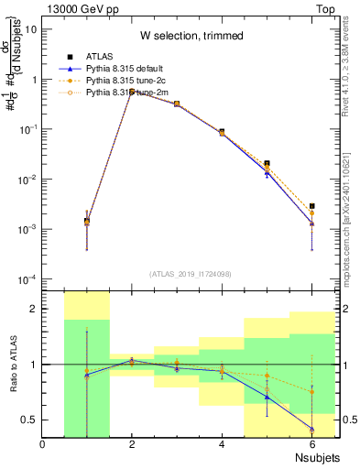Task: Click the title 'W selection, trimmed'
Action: (x=191, y=36)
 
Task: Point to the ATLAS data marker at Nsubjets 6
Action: (x=312, y=206)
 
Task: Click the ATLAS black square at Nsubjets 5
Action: (x=267, y=163)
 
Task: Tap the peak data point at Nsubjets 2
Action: (x=132, y=91)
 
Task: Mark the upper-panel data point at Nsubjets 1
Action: (x=87, y=221)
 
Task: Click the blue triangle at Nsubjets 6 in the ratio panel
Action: (x=312, y=429)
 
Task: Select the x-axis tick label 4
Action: (x=222, y=445)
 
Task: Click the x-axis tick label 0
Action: (x=42, y=445)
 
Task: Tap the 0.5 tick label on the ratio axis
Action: (x=29, y=420)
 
